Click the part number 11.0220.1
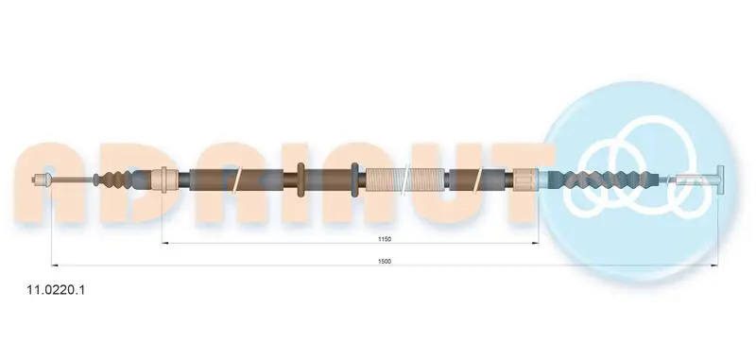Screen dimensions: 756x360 pyautogui.click(x=57, y=290)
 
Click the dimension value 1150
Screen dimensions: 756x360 pyautogui.click(x=385, y=239)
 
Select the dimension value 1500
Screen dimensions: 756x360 pyautogui.click(x=385, y=261)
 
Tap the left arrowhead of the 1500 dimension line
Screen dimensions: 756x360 pyautogui.click(x=55, y=266)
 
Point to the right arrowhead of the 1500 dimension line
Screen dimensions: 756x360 pyautogui.click(x=714, y=266)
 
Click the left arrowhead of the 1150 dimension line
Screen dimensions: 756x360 pyautogui.click(x=164, y=243)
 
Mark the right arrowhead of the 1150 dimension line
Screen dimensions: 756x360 pyautogui.click(x=535, y=243)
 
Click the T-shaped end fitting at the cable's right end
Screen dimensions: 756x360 pyautogui.click(x=721, y=180)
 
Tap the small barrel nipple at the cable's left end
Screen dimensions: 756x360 pyautogui.click(x=41, y=180)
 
